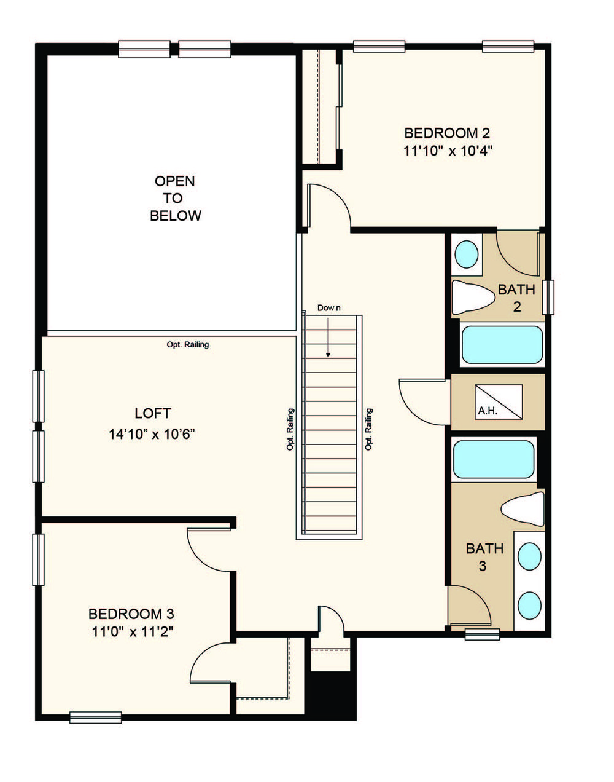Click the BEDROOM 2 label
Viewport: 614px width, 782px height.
[447, 133]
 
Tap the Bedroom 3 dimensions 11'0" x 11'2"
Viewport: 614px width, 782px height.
[132, 632]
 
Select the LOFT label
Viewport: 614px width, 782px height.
[153, 413]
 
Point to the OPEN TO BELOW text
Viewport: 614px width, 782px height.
[175, 199]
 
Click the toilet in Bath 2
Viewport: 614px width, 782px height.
[473, 298]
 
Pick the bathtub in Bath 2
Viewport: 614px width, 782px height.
[502, 344]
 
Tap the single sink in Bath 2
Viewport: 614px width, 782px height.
[466, 255]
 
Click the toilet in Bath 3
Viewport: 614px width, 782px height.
[523, 509]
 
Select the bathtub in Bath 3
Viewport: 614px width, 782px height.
[494, 460]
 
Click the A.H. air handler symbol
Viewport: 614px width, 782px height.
[499, 402]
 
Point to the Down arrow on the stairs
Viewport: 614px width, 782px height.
[328, 338]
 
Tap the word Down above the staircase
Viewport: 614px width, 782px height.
[328, 308]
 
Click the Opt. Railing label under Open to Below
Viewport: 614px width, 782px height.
[188, 344]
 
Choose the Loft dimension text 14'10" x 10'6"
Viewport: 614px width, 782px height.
[152, 434]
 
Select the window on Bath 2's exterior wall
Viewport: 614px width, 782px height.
[548, 297]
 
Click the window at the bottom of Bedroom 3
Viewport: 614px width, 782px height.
[95, 717]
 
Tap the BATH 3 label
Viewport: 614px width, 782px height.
[484, 557]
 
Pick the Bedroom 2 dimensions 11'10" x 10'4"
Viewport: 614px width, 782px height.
[448, 151]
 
